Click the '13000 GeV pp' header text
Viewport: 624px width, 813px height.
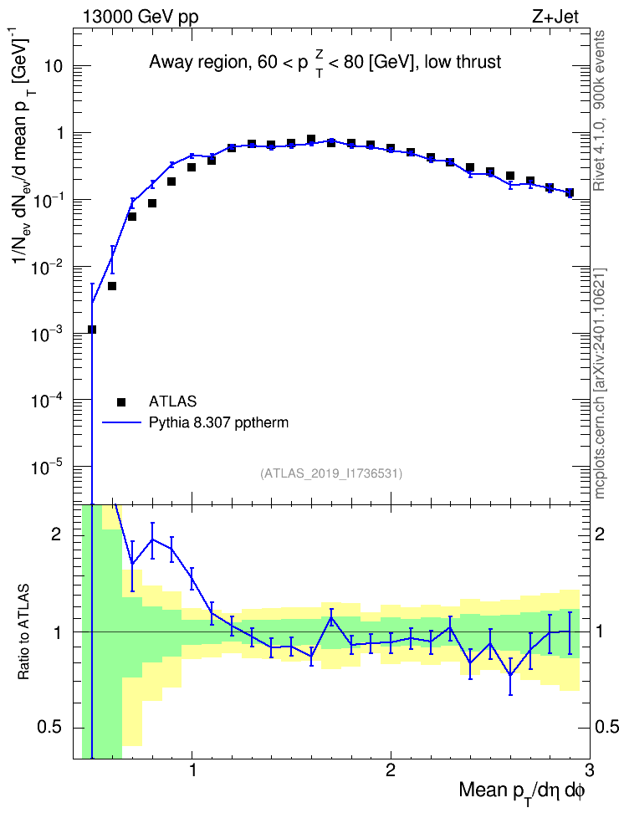(140, 17)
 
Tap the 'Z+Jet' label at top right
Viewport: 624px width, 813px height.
(555, 17)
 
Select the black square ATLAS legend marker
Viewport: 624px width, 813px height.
(121, 401)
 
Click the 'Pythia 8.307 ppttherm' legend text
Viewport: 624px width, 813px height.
(218, 423)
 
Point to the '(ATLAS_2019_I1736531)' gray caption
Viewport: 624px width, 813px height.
(331, 473)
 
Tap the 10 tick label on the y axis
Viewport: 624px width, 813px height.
(52, 66)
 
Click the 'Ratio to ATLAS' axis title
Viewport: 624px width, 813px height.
(23, 632)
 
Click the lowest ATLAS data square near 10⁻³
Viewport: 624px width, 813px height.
(92, 330)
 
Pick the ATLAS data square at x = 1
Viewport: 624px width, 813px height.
(192, 167)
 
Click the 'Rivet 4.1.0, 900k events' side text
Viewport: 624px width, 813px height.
(599, 111)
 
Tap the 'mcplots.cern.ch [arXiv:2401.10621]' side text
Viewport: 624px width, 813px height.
(599, 383)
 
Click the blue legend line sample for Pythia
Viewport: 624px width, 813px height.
(121, 423)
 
